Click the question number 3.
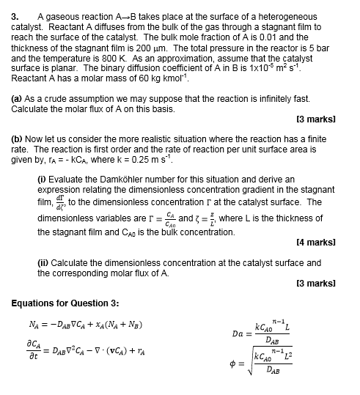click(x=15, y=16)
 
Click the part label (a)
click(x=18, y=98)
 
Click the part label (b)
click(x=18, y=137)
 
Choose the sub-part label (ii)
click(x=43, y=262)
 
